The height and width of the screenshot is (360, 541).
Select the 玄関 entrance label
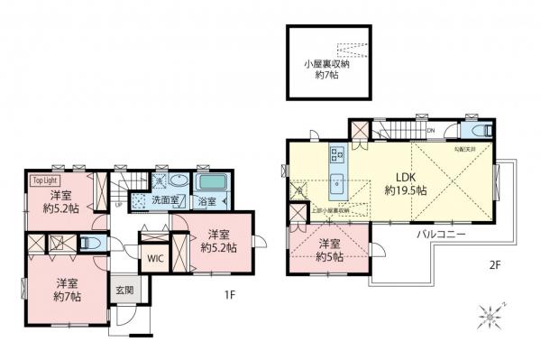point(124,291)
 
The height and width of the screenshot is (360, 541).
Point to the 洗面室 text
point(165,198)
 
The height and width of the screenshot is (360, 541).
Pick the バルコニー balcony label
point(441,233)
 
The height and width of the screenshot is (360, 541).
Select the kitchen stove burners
point(337,152)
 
